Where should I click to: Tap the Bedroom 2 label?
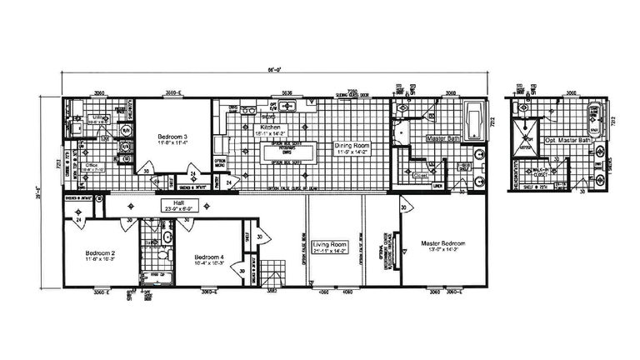(100, 255)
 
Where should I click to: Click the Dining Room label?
(353, 148)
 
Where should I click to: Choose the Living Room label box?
(329, 247)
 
